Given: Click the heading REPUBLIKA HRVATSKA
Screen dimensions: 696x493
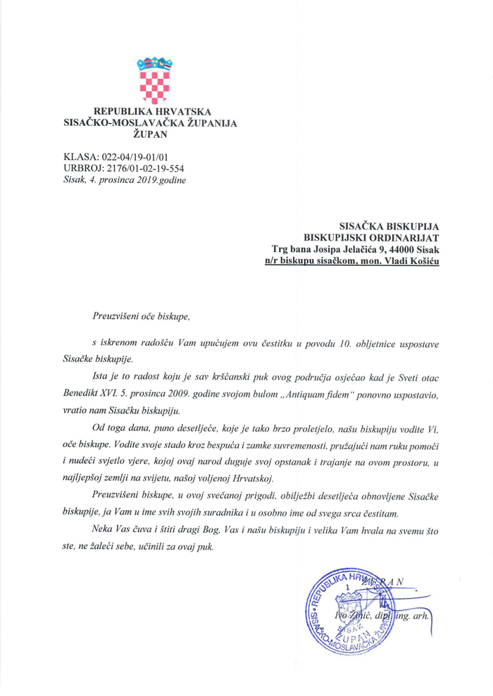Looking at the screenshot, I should coord(153,112).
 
